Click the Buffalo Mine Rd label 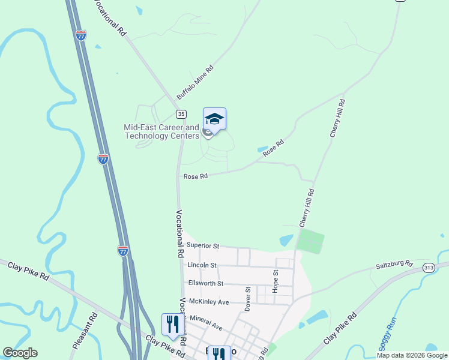click(x=195, y=83)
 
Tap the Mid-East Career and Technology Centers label click(x=161, y=131)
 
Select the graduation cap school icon click(x=214, y=118)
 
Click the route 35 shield click(x=181, y=113)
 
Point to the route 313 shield click(x=429, y=268)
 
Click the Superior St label click(x=203, y=245)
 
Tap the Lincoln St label click(x=202, y=265)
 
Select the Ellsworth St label click(x=205, y=283)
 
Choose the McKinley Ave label click(x=209, y=302)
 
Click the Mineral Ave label click(x=206, y=324)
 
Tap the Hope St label click(x=276, y=281)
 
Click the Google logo click(x=20, y=353)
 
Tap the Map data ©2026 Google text click(x=412, y=355)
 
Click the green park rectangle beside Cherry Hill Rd click(x=311, y=241)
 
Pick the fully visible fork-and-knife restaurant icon click(x=173, y=325)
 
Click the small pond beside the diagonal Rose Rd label click(x=263, y=149)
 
